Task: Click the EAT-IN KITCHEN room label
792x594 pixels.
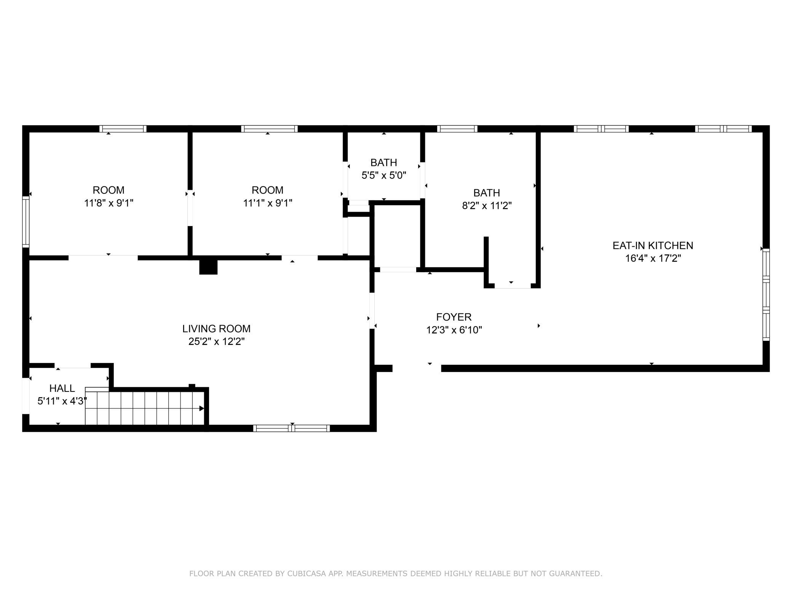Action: (x=653, y=246)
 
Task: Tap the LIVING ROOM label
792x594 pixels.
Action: (x=216, y=329)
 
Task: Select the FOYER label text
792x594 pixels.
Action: (x=454, y=317)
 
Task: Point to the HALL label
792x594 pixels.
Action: (x=62, y=388)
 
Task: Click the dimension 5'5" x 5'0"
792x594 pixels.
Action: (x=384, y=176)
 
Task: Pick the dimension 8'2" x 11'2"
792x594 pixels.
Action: (x=487, y=206)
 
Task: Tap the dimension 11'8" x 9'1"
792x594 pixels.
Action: (x=109, y=203)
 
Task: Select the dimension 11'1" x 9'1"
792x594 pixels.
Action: (x=268, y=203)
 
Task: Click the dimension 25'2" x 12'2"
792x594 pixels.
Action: (x=216, y=342)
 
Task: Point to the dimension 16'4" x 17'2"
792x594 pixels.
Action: (x=653, y=259)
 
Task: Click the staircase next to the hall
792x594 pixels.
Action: (x=145, y=406)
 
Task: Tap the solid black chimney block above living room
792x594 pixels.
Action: (x=208, y=267)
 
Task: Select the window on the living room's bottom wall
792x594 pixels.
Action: (x=292, y=428)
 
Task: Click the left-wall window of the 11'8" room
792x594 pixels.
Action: (x=26, y=222)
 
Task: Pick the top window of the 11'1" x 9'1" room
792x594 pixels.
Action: (x=269, y=129)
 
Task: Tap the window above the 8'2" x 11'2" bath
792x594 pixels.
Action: (x=457, y=129)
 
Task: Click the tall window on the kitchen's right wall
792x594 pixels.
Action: (x=766, y=295)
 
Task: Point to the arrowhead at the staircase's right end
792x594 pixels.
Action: (x=202, y=409)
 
